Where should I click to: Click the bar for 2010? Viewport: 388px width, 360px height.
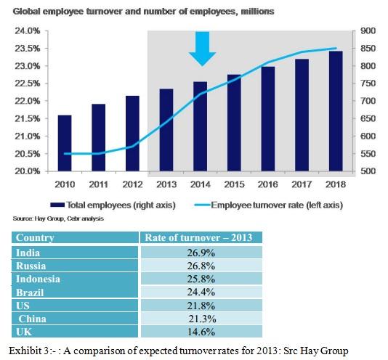point(64,143)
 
